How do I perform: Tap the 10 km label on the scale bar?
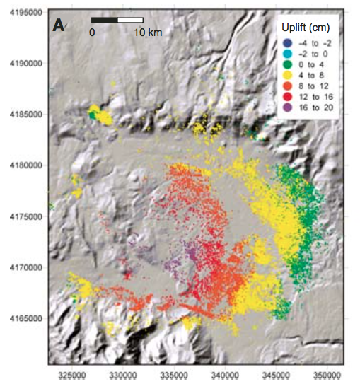tap(149, 33)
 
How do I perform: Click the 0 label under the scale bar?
tap(92, 33)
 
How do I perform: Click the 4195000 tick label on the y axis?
tap(24, 13)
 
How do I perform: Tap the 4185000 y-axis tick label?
tap(24, 115)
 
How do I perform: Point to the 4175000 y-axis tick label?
tap(24, 216)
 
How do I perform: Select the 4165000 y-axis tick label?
tap(24, 318)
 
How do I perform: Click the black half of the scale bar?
tap(105, 19)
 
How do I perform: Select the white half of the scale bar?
tap(130, 19)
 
